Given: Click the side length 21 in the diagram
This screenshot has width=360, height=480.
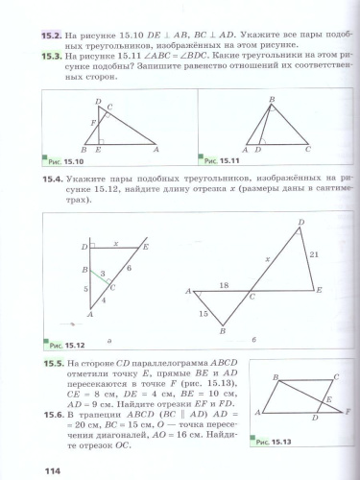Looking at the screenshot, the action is tap(311, 254).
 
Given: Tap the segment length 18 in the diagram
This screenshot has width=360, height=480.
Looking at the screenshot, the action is tap(224, 285).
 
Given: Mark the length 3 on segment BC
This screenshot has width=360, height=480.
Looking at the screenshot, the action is tap(103, 274).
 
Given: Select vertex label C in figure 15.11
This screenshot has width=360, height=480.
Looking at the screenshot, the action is tap(308, 150).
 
